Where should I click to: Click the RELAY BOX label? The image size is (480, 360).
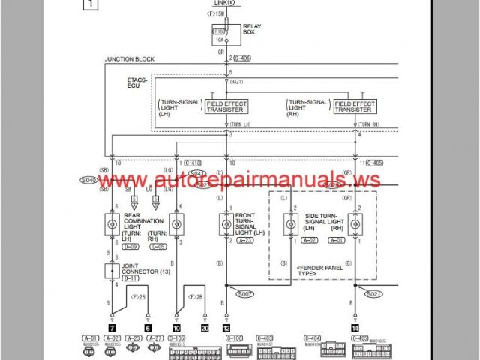click(x=252, y=31)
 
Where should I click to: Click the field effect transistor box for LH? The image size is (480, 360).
click(x=226, y=106)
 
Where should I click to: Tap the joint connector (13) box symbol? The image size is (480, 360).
click(x=111, y=269)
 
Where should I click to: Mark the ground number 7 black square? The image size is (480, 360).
click(x=111, y=328)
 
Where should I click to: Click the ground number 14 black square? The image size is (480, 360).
click(x=354, y=328)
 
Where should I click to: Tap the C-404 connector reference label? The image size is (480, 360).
click(x=313, y=339)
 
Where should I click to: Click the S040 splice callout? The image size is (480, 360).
click(x=88, y=181)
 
